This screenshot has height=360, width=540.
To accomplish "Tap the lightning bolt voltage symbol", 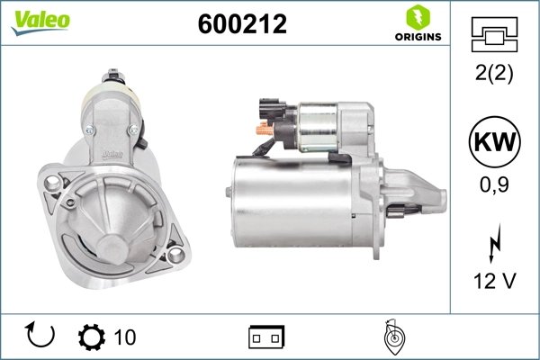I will pos(492,244).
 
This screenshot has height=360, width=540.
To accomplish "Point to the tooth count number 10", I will pos(125,337).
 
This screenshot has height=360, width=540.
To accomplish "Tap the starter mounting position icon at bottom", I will pos(391,336).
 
